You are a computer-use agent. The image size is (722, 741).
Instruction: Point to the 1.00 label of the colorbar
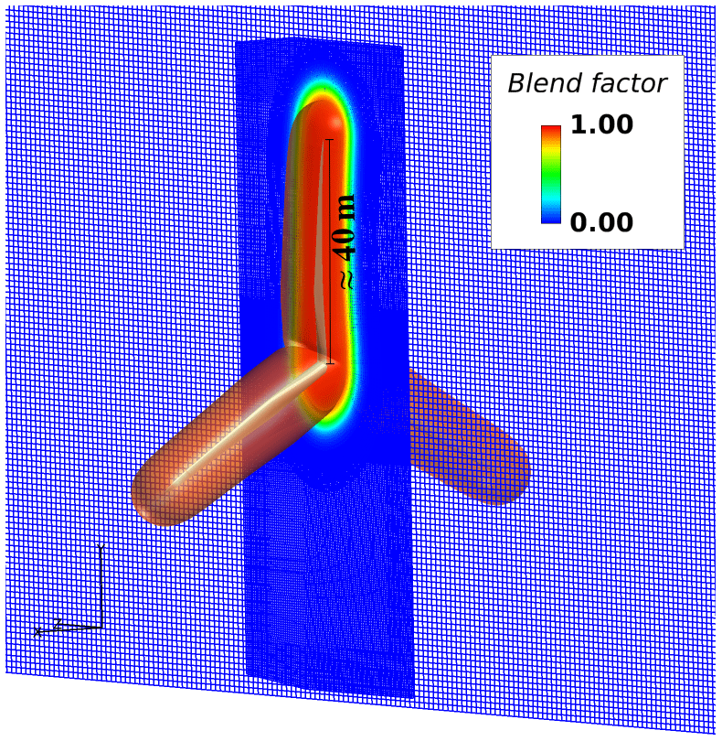601,124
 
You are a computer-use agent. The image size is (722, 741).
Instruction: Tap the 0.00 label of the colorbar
601,221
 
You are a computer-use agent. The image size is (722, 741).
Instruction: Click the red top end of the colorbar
550,130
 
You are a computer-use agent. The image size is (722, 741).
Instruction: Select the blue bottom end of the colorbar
550,219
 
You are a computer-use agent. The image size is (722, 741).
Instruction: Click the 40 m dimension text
346,229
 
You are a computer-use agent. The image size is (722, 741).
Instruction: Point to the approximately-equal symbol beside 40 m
346,279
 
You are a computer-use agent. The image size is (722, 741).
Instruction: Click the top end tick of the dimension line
329,140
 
